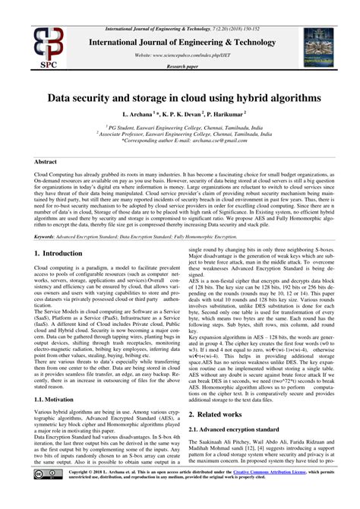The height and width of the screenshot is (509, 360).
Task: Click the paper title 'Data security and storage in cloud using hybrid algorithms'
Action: pyautogui.click(x=180, y=98)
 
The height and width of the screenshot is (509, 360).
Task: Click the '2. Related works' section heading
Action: pyautogui.click(x=219, y=415)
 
